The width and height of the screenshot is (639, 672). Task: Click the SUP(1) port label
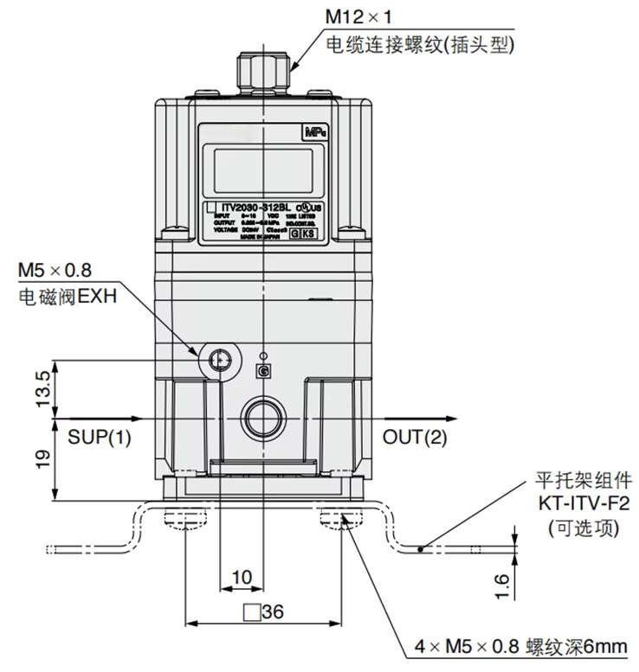click(x=100, y=438)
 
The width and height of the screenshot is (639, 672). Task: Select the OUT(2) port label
click(x=416, y=438)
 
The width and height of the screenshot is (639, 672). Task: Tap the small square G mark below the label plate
click(x=262, y=371)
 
